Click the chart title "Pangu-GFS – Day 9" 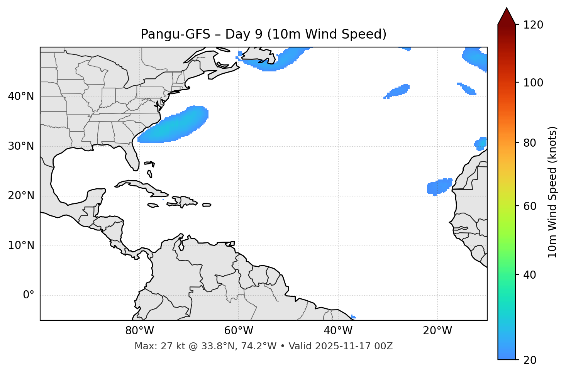(x=263, y=34)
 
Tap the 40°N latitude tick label (x=21, y=96)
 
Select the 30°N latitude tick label (x=21, y=146)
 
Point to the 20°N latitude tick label (x=21, y=196)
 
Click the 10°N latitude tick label (x=21, y=245)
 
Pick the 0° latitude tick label (x=29, y=295)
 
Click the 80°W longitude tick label (x=139, y=331)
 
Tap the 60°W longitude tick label (x=239, y=331)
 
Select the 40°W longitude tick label (x=338, y=331)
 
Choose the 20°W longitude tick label (x=437, y=331)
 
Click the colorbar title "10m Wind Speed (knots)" (x=552, y=192)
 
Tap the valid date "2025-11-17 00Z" (x=354, y=346)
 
